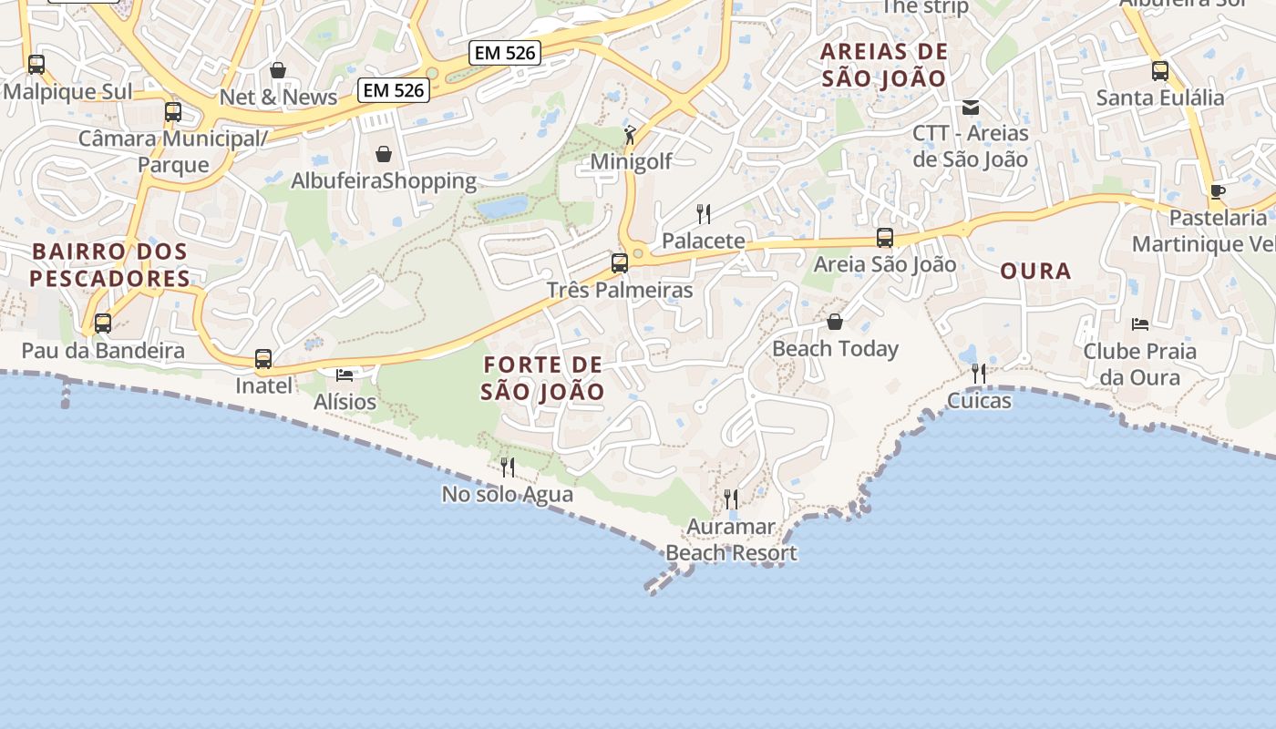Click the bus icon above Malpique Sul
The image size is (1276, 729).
point(36,65)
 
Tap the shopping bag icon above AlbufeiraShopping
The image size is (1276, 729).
point(384,154)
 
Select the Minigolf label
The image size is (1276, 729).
point(631,162)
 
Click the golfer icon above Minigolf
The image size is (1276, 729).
point(630,135)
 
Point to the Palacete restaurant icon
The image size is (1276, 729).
point(704,214)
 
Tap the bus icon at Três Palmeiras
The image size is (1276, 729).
point(620,263)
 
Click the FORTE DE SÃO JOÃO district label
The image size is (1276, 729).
point(543,378)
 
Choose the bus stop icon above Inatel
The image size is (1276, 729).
point(263,359)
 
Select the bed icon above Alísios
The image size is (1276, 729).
point(345,375)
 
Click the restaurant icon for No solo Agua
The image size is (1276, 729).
point(508,467)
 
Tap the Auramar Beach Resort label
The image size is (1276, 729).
point(731,539)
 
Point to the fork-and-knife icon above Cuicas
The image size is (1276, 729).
point(979,373)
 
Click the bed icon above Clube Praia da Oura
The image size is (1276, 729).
point(1139,323)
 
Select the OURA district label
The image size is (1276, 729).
point(1035,272)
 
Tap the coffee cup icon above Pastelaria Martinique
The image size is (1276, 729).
point(1217,191)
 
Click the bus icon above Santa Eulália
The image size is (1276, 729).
point(1160,70)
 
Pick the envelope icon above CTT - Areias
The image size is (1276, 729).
point(971,108)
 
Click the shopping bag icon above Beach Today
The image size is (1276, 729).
point(835,322)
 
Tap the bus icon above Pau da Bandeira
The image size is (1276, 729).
point(103,323)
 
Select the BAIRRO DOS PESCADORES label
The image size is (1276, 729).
point(109,265)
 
